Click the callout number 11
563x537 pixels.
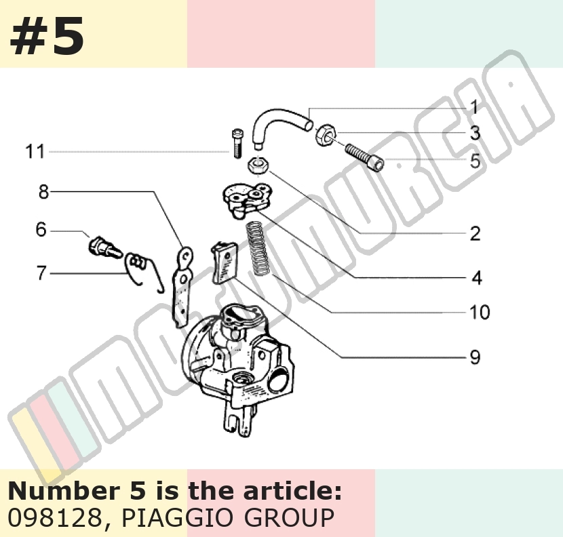click(35, 151)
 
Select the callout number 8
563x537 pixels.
click(44, 192)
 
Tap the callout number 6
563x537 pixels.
click(41, 229)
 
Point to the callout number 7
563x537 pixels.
click(41, 273)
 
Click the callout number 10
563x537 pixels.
click(480, 312)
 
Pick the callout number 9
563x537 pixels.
click(475, 357)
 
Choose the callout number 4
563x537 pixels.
click(476, 277)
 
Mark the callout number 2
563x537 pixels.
click(475, 233)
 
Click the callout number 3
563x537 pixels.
click(475, 133)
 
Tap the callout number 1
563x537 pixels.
click(474, 107)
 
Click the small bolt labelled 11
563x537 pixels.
click(237, 143)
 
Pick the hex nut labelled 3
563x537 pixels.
click(326, 135)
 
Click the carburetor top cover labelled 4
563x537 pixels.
click(246, 200)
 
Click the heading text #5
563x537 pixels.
click(47, 36)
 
